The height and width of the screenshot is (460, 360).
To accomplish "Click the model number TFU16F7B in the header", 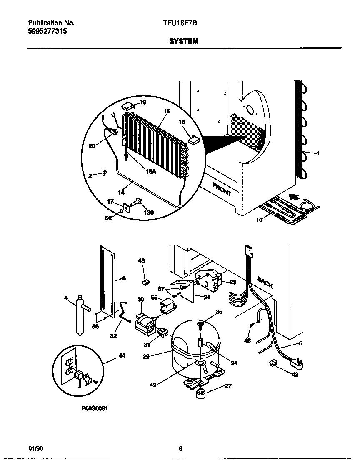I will coord(180,23).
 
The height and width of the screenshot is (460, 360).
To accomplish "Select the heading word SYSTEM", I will coord(183,41).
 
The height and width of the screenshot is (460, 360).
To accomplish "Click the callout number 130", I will coord(148,212).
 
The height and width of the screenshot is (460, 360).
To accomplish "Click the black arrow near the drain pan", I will coord(295,196).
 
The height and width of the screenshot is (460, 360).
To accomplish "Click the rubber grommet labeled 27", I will coord(202,393).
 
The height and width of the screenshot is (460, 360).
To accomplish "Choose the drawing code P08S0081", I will coord(95,409).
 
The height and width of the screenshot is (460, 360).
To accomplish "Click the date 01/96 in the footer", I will coord(36,449).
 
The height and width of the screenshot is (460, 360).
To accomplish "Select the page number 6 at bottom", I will coord(180,449).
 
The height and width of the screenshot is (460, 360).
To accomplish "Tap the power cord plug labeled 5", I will coord(297,364).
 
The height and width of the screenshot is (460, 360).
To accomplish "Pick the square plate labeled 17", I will coord(125,206).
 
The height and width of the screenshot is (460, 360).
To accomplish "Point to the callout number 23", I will coord(232,282).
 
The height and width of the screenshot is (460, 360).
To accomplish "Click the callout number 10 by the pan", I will coord(259,220).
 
